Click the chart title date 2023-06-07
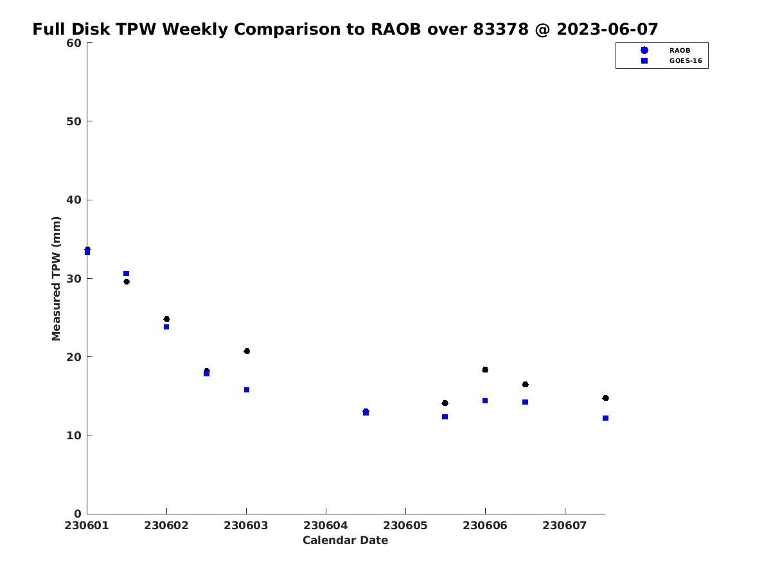tap(607, 29)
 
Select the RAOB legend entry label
tap(680, 51)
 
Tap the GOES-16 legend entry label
tap(686, 61)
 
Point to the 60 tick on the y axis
tap(74, 43)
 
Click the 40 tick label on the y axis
tap(74, 200)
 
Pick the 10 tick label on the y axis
tap(74, 435)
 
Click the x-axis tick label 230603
tap(246, 525)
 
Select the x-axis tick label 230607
tap(565, 525)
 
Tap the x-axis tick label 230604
tap(326, 525)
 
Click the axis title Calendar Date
tap(345, 540)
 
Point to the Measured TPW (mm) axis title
tap(56, 279)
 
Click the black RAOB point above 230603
tap(247, 351)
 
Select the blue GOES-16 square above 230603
tap(247, 390)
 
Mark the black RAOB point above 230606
tap(485, 369)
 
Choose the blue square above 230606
tap(485, 401)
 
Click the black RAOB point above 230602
tap(166, 319)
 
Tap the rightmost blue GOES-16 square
tap(606, 418)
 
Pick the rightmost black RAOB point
tap(606, 398)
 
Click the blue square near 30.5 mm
tap(126, 274)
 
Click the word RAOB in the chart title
tap(396, 29)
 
